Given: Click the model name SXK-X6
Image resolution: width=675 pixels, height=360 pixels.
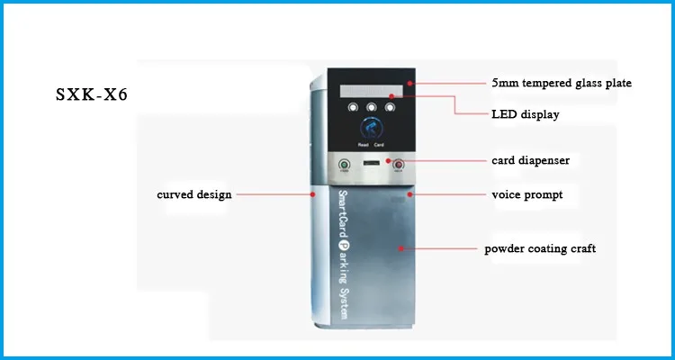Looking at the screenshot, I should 92,94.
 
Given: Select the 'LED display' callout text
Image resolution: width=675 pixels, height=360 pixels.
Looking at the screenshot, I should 526,114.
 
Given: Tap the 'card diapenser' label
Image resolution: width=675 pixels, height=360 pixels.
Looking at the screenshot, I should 530,160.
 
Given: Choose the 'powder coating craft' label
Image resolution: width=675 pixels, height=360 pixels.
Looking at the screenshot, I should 540,248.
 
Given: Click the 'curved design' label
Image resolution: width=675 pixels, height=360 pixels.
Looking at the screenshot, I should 193,194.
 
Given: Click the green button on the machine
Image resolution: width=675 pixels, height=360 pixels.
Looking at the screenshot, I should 343,164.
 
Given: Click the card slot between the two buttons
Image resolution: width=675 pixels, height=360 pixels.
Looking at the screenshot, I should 369,163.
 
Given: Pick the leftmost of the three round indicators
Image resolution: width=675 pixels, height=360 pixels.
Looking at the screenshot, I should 347,108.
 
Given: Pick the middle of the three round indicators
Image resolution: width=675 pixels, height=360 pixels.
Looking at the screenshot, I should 369,108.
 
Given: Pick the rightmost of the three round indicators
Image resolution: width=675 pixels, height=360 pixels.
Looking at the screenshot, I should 390,108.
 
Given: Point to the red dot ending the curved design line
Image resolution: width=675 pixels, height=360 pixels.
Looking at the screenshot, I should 313,193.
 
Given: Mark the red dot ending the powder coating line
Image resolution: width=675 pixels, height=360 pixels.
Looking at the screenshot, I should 402,247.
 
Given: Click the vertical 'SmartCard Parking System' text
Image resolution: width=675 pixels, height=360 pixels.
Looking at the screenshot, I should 343,252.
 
